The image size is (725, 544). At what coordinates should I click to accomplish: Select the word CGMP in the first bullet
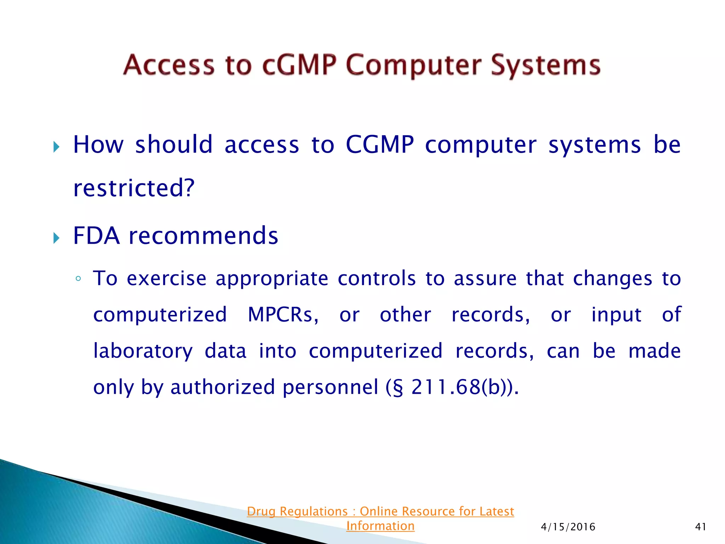coord(379,145)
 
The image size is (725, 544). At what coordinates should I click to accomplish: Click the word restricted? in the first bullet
coord(134,188)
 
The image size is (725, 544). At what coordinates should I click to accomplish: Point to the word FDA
coord(96,236)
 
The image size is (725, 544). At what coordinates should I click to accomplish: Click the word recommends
coord(204,236)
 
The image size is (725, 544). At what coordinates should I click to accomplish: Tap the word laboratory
coord(143,351)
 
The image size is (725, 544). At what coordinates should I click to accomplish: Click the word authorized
coord(223,387)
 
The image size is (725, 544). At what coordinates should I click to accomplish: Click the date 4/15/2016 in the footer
coord(568,527)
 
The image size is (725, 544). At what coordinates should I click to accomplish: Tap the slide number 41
coord(701,527)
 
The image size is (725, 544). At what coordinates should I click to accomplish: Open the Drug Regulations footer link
coord(380,511)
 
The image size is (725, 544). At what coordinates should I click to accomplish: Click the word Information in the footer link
coord(380,526)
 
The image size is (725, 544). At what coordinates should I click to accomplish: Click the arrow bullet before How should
coord(56,147)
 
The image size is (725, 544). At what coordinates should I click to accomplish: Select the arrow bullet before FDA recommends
coord(56,238)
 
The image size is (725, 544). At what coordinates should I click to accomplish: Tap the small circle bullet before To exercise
coord(78,279)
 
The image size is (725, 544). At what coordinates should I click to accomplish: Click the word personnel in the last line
coord(330,387)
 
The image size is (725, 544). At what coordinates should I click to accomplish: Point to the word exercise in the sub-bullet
coord(166,278)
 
